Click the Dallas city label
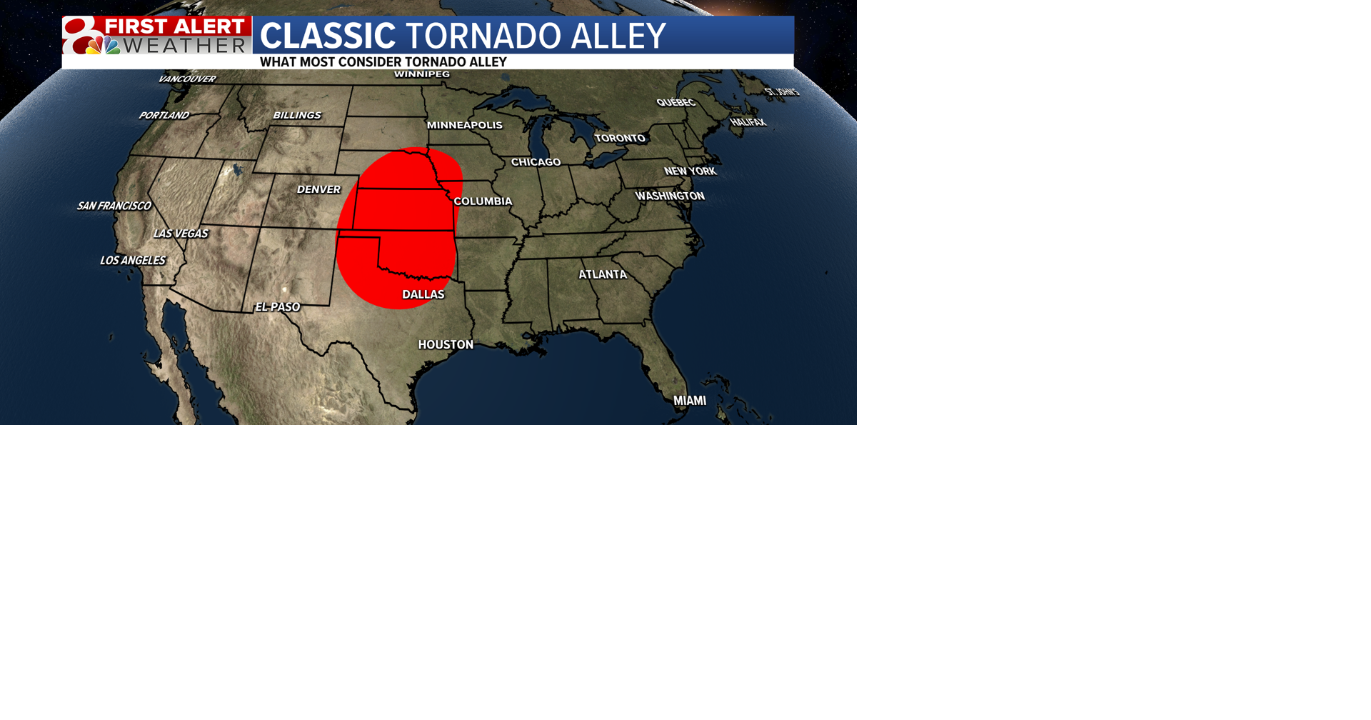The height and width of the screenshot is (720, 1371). click(x=423, y=294)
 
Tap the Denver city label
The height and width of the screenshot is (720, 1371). click(x=318, y=189)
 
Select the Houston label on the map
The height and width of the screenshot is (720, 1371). click(x=446, y=344)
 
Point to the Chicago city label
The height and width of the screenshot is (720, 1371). click(x=536, y=162)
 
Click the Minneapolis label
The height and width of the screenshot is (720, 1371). click(x=465, y=125)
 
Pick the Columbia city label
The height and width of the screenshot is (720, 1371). click(x=483, y=201)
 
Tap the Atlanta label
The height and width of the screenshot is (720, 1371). click(x=603, y=274)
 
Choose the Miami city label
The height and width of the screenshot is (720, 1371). click(x=690, y=401)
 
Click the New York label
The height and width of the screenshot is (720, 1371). click(x=690, y=171)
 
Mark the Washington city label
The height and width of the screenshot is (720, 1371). click(x=670, y=196)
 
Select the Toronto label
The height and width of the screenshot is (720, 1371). click(x=620, y=138)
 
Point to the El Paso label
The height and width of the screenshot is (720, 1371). click(x=278, y=307)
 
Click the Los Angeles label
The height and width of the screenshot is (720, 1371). click(x=133, y=260)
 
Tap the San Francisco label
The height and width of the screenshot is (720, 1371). click(x=114, y=206)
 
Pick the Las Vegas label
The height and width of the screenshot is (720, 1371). click(x=181, y=234)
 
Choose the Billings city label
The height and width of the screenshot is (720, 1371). click(x=297, y=115)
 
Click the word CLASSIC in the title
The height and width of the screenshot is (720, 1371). click(x=328, y=36)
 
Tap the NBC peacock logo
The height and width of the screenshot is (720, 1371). click(x=104, y=46)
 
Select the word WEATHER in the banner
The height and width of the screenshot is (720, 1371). click(x=185, y=46)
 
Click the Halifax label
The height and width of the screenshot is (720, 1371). click(x=748, y=122)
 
